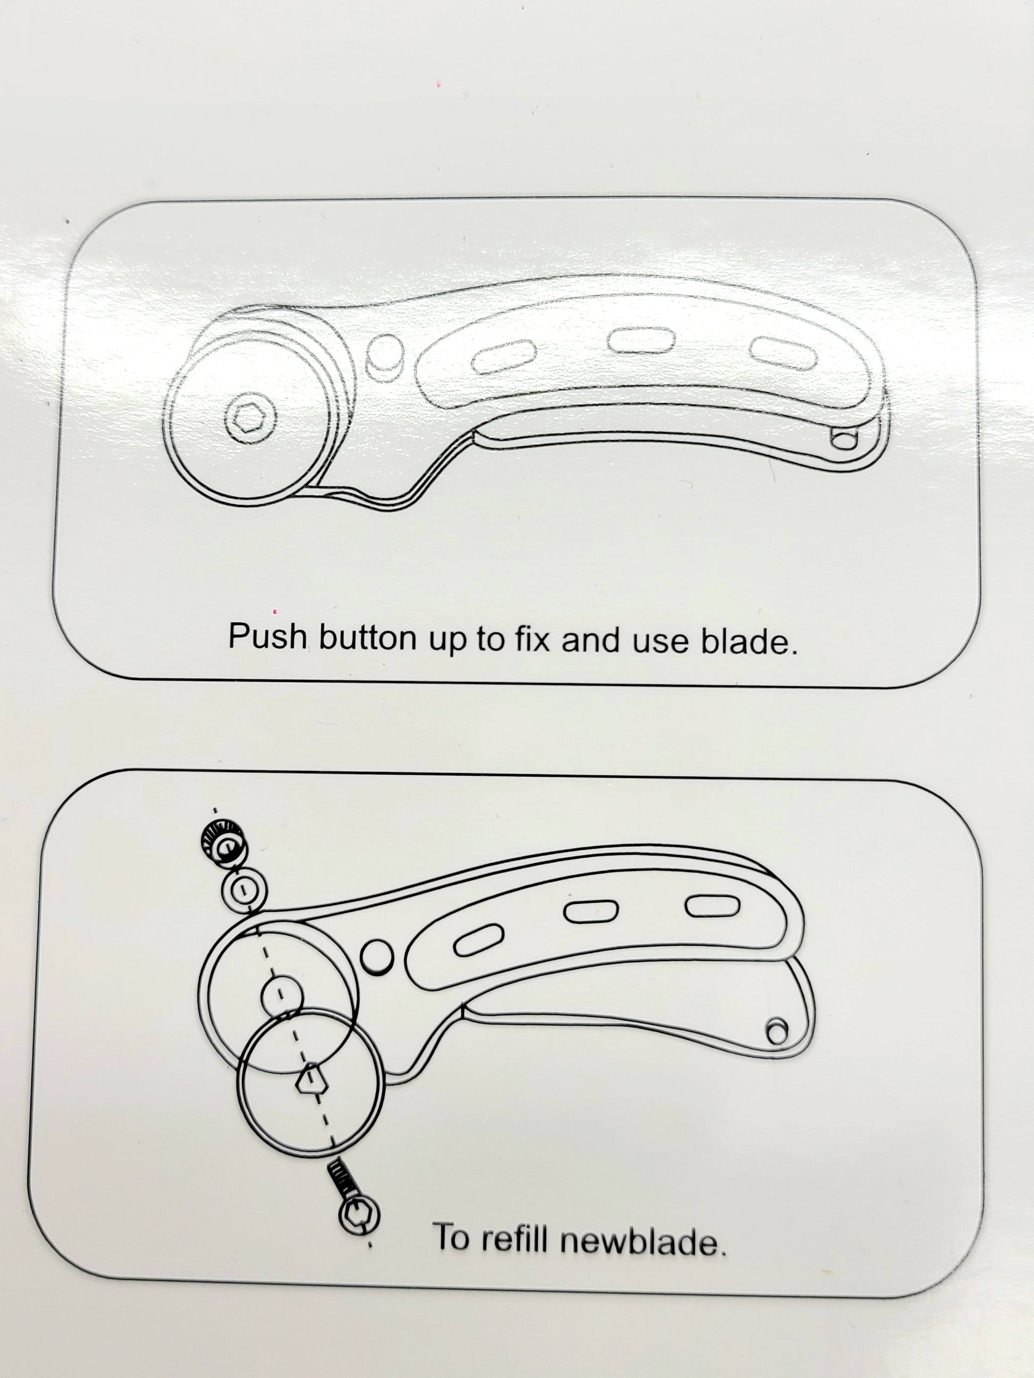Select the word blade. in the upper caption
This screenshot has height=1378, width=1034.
(x=749, y=641)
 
